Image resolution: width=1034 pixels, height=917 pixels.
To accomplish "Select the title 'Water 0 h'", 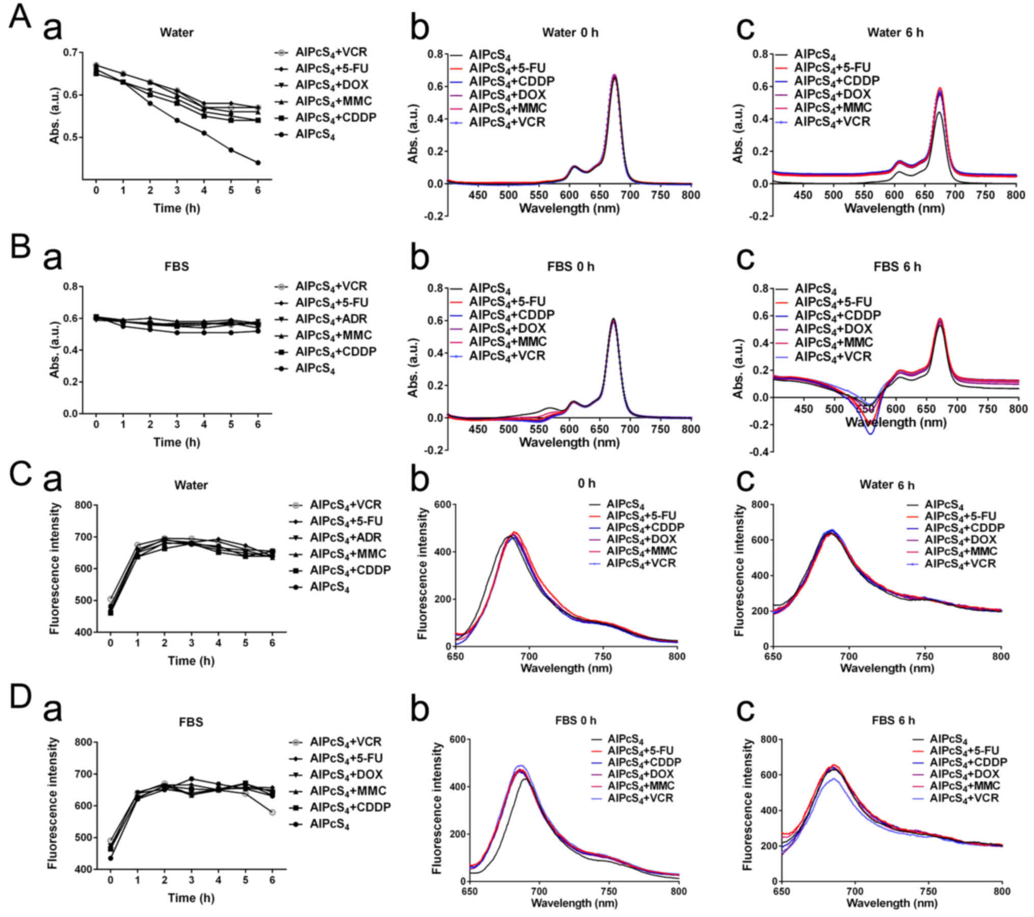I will click(x=570, y=33).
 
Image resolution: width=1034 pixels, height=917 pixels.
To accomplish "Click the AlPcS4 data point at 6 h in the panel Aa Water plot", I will click(x=258, y=163).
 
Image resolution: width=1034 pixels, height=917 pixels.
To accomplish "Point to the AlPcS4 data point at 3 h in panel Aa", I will click(x=177, y=121).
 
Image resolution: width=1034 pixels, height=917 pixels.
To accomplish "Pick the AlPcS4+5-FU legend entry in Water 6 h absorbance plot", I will click(x=832, y=68).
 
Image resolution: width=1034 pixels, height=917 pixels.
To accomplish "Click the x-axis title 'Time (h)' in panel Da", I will click(x=191, y=898).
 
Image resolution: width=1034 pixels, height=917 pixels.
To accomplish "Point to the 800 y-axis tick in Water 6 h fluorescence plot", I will click(x=762, y=505).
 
